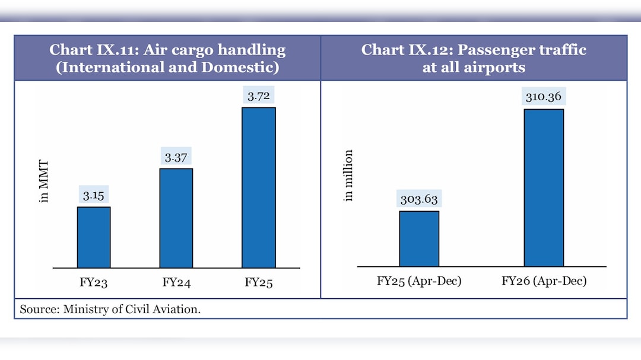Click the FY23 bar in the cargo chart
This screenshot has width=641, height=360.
94,237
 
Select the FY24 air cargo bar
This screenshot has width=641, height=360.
176,218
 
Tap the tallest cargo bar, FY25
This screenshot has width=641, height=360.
259,187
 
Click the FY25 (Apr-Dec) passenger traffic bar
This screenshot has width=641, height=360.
419,238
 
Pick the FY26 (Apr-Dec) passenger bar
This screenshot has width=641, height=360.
544,187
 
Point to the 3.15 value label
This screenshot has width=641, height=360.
94,196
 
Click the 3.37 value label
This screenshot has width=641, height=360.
176,157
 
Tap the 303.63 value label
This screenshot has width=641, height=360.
419,200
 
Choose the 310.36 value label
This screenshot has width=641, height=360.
544,97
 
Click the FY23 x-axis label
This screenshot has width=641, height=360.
94,282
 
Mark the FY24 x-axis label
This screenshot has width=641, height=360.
176,282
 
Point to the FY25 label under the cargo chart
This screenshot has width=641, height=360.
259,282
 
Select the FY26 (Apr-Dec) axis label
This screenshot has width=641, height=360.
544,281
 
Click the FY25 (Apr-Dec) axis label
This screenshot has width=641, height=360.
419,281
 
